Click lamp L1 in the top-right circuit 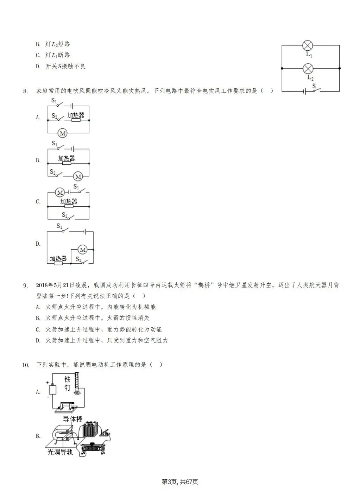tap(308, 45)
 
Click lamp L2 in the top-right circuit tap(308, 68)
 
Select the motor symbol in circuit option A tap(63, 133)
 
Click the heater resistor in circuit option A tap(76, 120)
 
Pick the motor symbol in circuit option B tap(78, 176)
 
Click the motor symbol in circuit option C tap(60, 193)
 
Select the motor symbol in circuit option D tap(82, 250)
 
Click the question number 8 tap(25, 92)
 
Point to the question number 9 tap(25, 285)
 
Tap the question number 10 tap(25, 365)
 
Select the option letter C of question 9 tap(38, 329)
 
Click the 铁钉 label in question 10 tap(67, 383)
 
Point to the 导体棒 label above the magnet tap(72, 419)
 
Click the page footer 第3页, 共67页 tap(180, 482)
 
